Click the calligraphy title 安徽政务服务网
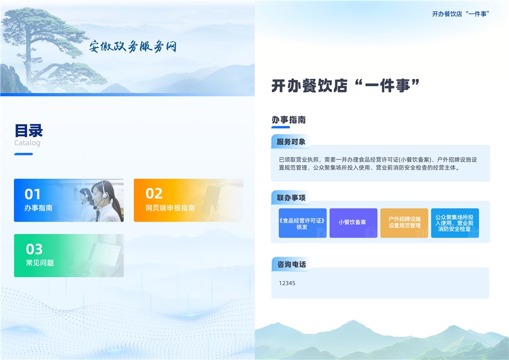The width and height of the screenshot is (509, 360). [x=133, y=47]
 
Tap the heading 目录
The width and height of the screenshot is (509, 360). [x=29, y=130]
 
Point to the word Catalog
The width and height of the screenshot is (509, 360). [x=27, y=143]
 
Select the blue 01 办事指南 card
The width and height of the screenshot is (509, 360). [x=69, y=201]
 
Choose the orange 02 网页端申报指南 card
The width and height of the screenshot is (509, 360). [x=188, y=201]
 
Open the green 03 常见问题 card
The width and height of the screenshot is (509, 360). [x=69, y=256]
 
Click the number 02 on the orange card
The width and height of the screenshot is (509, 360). [x=154, y=193]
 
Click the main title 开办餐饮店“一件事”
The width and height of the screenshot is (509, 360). [x=345, y=86]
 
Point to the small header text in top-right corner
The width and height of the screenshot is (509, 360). [x=461, y=14]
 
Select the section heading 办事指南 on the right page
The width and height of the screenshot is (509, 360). [x=289, y=120]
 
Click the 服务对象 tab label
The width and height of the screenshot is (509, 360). [x=291, y=142]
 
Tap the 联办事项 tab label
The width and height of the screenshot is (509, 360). [x=291, y=198]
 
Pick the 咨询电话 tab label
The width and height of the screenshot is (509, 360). [x=291, y=264]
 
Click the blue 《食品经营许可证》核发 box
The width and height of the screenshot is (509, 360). [x=302, y=223]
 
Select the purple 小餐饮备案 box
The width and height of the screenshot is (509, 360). [x=353, y=223]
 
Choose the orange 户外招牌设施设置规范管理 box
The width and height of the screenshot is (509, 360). [x=404, y=223]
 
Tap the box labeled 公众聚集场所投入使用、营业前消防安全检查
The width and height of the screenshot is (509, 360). [x=455, y=223]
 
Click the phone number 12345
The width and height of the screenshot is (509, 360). [x=287, y=283]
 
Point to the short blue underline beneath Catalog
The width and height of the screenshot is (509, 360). [x=23, y=154]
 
